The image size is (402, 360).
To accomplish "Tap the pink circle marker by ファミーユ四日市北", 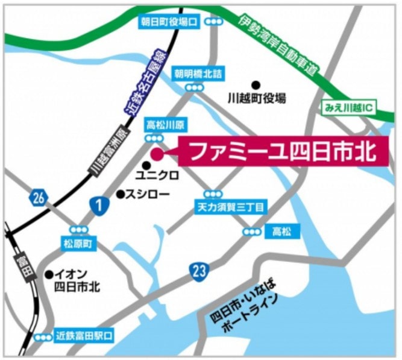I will click(157, 153).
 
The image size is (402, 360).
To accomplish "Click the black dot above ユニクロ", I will click(146, 165).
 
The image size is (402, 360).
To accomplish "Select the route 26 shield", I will click(38, 197).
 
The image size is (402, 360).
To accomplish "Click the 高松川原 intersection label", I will click(166, 125).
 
